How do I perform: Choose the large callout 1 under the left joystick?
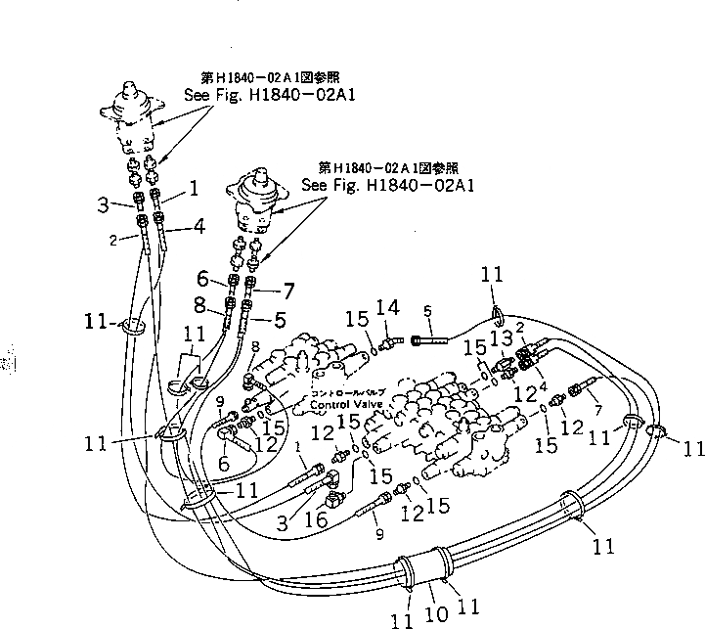pos(193,186)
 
